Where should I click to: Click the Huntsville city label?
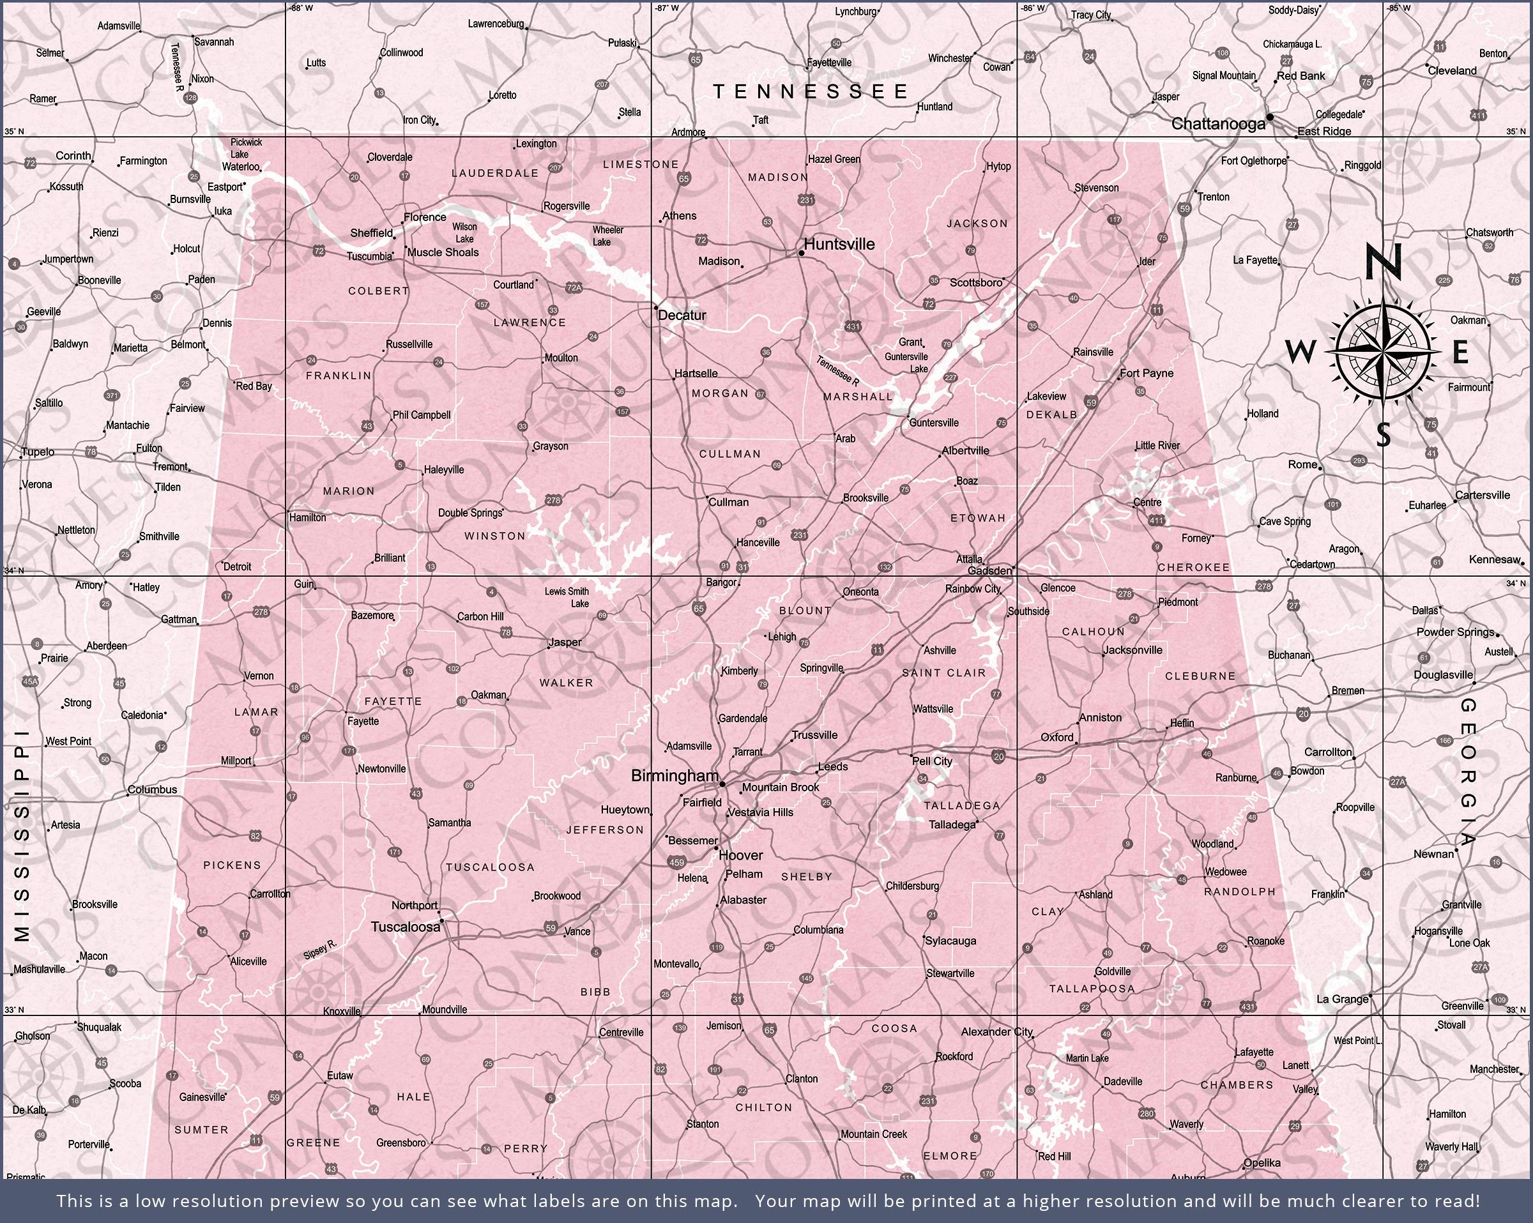pos(839,244)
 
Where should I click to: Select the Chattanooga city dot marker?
pos(1270,117)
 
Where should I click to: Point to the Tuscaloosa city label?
pos(406,927)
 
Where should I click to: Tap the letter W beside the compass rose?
pos(1300,351)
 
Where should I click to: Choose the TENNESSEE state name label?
pos(811,91)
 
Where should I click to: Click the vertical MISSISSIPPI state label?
pos(23,835)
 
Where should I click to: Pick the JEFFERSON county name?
pos(605,830)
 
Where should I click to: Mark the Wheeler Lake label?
pos(607,236)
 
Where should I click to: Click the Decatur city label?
pos(682,315)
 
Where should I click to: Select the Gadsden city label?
pos(990,570)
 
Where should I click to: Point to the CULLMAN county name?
pos(729,453)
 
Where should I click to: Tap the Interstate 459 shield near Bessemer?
pos(677,863)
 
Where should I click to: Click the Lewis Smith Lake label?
pos(567,597)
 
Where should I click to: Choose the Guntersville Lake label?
pos(906,363)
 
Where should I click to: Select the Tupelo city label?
pos(38,452)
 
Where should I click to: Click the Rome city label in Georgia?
pos(1302,464)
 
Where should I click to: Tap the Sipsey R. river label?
pos(320,950)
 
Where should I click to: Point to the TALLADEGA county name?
pos(961,805)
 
